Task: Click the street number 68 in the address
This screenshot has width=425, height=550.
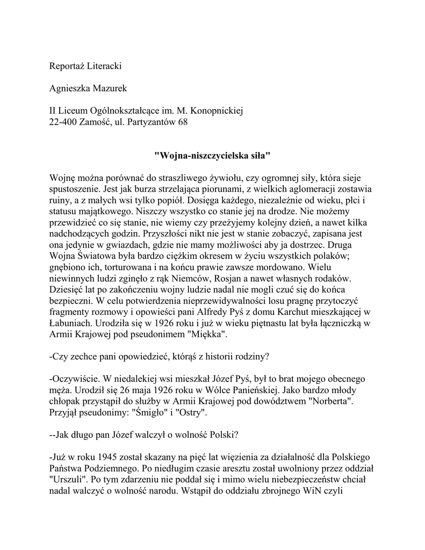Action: tap(183, 122)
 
